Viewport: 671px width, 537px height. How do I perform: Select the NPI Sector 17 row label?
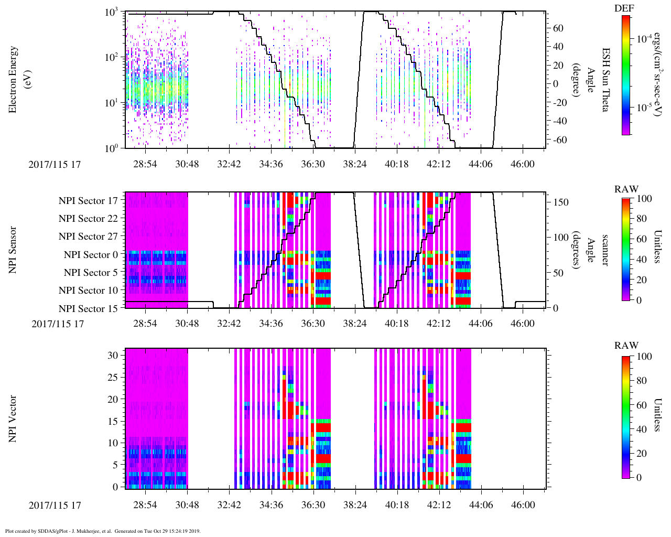[x=88, y=201]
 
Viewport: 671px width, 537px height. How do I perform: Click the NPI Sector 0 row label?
[x=91, y=255]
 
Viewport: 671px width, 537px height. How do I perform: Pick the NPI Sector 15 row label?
[x=88, y=309]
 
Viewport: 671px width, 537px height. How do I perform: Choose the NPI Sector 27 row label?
[x=88, y=237]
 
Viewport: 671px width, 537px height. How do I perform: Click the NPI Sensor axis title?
[x=13, y=250]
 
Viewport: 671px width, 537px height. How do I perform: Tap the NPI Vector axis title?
[x=13, y=418]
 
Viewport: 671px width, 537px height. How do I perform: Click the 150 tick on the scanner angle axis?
[x=561, y=202]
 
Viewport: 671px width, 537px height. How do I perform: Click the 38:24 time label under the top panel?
[x=355, y=164]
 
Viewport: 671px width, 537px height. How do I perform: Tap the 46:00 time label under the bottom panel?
[x=523, y=505]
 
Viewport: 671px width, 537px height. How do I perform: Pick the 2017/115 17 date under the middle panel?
[x=58, y=324]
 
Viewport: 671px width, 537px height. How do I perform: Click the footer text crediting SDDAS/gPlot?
[x=103, y=531]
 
